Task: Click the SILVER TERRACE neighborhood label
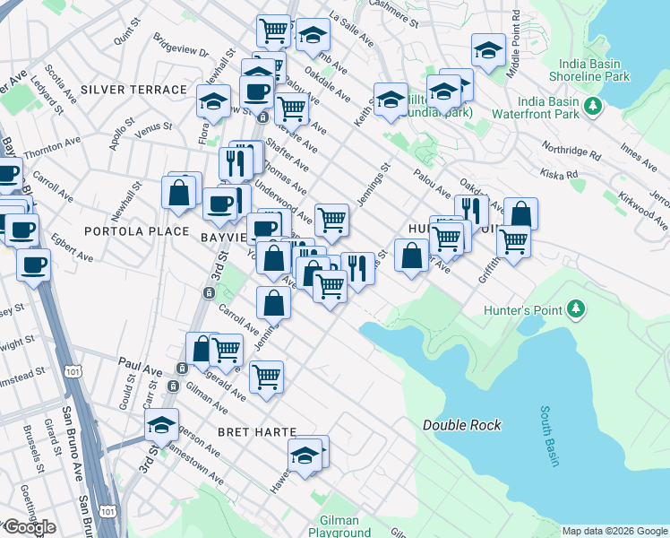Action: [x=133, y=90]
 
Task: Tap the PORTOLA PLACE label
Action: [x=136, y=231]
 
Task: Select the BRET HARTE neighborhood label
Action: [x=256, y=432]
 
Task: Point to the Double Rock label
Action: [x=462, y=425]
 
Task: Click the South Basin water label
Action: [x=549, y=437]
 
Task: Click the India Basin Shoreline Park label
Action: [x=594, y=71]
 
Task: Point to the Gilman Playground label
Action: [x=333, y=526]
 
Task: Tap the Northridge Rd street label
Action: [x=571, y=150]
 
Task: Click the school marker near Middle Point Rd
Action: [x=488, y=51]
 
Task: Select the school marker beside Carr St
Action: [x=162, y=425]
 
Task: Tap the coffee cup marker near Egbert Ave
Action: [x=34, y=265]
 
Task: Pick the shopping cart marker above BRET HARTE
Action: [x=266, y=377]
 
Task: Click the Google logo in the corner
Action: [x=29, y=528]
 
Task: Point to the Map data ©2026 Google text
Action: [x=615, y=531]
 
